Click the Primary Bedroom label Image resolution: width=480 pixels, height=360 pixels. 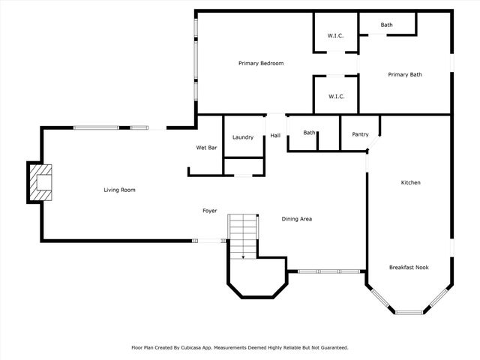(261, 63)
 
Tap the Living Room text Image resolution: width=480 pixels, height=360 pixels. (119, 190)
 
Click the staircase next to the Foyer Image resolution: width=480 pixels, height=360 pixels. (243, 235)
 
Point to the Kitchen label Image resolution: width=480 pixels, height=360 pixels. (410, 183)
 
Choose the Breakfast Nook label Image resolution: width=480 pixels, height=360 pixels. (409, 267)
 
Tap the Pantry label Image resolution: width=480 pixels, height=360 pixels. (360, 134)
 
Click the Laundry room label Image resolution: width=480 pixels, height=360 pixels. (243, 137)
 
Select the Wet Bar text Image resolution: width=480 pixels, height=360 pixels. (206, 148)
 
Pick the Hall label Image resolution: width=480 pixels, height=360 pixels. (275, 136)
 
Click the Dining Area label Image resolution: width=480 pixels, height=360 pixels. (296, 219)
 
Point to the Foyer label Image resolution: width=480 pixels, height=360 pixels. (210, 211)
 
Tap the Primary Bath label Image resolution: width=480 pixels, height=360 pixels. (405, 75)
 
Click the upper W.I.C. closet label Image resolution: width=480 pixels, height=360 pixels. (335, 35)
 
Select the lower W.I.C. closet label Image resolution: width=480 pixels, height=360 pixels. (335, 96)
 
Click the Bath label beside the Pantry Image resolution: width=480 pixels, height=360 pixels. (309, 133)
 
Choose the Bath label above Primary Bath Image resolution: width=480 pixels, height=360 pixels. (386, 25)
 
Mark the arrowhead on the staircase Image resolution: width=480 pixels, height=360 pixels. (243, 256)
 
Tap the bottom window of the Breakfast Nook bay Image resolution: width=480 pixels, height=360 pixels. (409, 311)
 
